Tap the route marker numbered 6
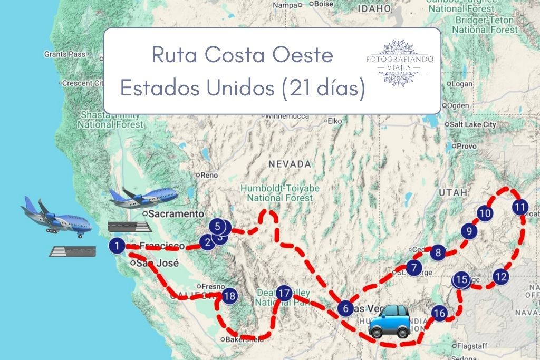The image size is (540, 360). [345, 308]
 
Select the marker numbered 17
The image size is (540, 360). [284, 293]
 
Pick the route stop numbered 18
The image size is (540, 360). [229, 296]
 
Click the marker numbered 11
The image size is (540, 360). [520, 207]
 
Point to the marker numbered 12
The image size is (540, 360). [500, 276]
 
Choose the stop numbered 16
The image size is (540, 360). [439, 314]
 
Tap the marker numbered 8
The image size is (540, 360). [438, 252]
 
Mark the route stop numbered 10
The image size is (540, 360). [485, 213]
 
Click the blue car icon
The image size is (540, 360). [389, 321]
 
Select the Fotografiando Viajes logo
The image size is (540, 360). [399, 62]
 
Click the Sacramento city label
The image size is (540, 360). [175, 214]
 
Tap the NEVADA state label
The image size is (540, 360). [290, 164]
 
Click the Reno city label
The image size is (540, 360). [208, 175]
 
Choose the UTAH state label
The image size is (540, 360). [453, 193]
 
